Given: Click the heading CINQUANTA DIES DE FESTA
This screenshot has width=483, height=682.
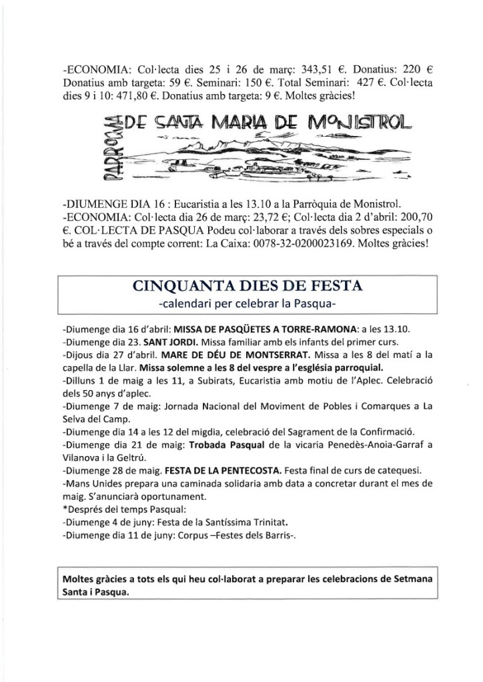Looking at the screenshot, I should pyautogui.click(x=248, y=287).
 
